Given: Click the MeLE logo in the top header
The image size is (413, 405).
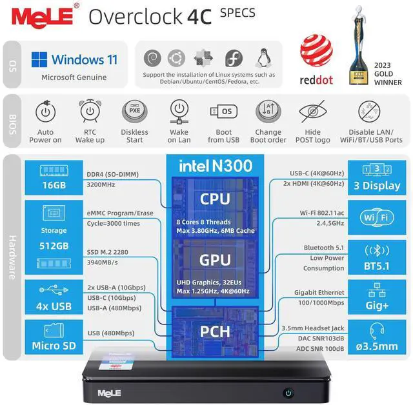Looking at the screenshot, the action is tap(39, 15).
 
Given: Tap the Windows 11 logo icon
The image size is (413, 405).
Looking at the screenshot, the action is tap(40, 60).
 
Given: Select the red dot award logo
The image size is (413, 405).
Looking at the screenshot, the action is tap(316, 52).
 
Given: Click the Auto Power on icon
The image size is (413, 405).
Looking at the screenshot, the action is tap(45, 112).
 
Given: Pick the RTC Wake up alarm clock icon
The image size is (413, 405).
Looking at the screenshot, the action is tap(90, 112).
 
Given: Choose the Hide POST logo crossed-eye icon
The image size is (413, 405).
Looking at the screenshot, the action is tap(312, 112).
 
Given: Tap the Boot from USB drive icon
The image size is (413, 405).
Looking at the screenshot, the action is tap(223, 112).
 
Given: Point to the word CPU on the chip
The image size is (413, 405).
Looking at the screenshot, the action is tap(215, 199).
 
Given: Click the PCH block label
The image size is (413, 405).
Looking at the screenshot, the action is tap(215, 331).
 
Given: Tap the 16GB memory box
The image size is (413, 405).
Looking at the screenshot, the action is tap(50, 186).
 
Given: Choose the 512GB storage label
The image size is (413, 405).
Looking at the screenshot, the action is tap(54, 246).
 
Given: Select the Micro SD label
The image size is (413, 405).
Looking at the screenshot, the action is tap(54, 345).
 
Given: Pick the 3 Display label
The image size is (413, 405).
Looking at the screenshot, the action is tap(377, 186).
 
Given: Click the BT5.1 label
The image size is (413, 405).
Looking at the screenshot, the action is tap(377, 264).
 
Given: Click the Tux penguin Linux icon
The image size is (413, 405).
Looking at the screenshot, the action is tap(263, 57).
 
